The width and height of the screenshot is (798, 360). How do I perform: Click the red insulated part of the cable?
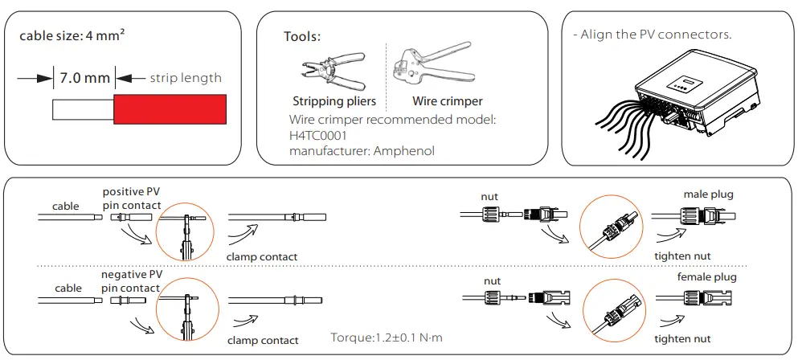(169, 108)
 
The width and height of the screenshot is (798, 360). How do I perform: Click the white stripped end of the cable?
(83, 109)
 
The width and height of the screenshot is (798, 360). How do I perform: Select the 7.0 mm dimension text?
(84, 78)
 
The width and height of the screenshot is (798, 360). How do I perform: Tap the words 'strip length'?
(186, 78)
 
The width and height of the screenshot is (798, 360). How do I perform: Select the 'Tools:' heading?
(302, 37)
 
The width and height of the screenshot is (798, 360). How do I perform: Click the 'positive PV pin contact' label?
(131, 198)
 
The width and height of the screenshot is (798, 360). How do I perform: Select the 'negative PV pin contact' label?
(131, 281)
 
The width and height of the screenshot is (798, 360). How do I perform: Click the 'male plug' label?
(708, 194)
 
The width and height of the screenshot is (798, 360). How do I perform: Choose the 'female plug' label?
(707, 277)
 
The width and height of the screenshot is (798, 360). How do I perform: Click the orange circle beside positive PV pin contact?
(186, 228)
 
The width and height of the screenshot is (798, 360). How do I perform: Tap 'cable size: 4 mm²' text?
(71, 37)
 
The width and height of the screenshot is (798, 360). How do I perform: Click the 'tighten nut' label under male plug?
(684, 256)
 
